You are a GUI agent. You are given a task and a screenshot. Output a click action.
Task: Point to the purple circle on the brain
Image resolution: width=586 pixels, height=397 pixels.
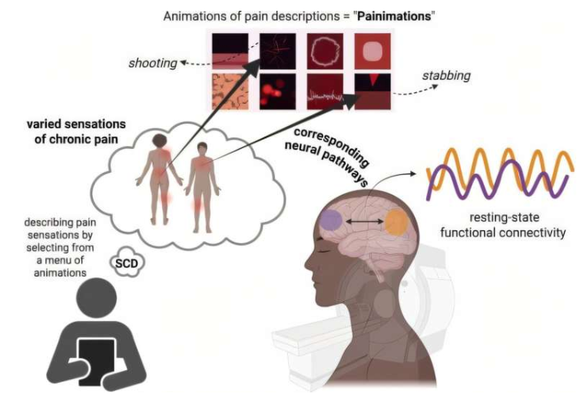(331, 220)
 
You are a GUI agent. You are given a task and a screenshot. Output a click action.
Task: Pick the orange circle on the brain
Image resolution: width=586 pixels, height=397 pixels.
(396, 222)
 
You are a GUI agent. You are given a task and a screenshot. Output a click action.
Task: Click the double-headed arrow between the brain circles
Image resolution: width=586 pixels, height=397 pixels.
(363, 222)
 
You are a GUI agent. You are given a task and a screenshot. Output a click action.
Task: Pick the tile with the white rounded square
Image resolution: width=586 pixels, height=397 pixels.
(372, 51)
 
